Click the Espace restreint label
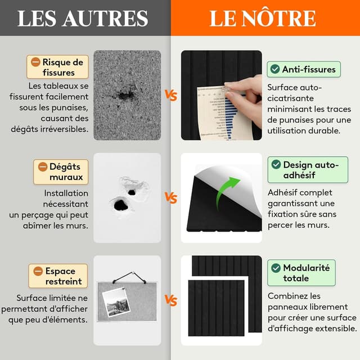click(x=58, y=276)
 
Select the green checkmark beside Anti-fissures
click(x=274, y=69)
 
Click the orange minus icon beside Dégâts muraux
click(x=42, y=166)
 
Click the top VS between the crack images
click(x=170, y=95)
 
